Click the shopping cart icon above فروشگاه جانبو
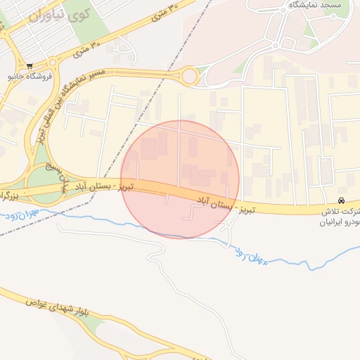(x=30, y=67)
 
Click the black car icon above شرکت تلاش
(x=342, y=200)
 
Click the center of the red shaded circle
(x=180, y=179)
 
